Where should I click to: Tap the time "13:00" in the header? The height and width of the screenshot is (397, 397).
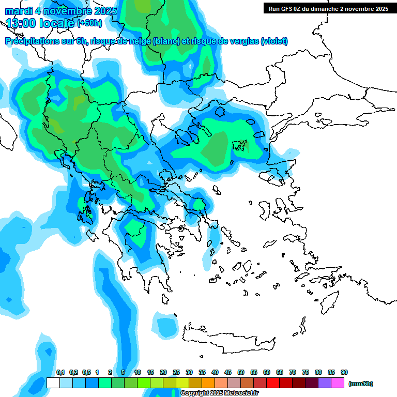coord(21,23)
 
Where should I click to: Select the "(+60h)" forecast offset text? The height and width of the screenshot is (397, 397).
coord(89,23)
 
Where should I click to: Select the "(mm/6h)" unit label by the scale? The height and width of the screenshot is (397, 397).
coord(360,384)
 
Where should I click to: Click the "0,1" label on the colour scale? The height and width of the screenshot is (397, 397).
coord(60,373)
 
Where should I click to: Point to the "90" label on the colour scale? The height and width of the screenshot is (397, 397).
coord(344,373)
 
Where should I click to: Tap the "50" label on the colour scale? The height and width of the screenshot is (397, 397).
coord(241,373)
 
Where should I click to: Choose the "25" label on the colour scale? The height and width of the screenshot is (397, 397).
coord(176,373)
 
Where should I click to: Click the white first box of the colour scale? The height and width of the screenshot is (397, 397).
coord(53,383)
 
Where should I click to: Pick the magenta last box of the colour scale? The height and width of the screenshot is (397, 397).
coord(338,383)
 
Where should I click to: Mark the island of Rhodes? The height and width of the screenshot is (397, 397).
coord(329,299)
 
